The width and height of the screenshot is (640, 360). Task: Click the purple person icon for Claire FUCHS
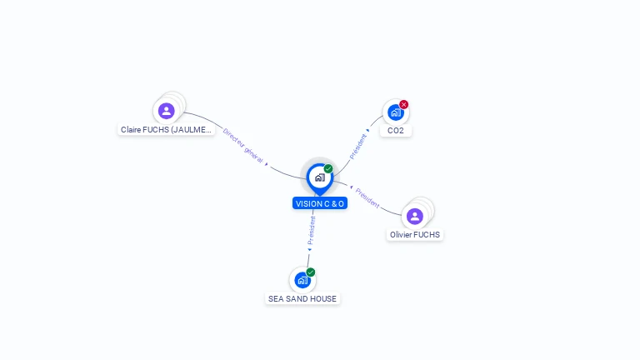tap(167, 110)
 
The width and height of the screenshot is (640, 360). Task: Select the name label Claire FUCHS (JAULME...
tap(166, 130)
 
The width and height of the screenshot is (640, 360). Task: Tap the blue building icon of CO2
tap(395, 112)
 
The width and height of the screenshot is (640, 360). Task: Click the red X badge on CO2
tap(404, 104)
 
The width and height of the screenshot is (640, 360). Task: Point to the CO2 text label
tap(395, 131)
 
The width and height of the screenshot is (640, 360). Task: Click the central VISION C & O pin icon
tap(319, 177)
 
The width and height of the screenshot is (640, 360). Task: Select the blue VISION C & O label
tap(319, 203)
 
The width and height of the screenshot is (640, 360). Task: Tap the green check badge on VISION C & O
tap(328, 168)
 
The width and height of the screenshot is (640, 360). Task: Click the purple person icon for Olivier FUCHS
tap(415, 216)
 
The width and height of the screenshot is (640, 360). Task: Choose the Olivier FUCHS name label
tap(415, 235)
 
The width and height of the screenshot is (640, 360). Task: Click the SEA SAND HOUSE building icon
tap(302, 280)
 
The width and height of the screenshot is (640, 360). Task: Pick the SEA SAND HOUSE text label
tap(302, 298)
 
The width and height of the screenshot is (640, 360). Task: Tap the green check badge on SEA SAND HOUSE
tap(311, 272)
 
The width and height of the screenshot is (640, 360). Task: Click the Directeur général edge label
tap(243, 145)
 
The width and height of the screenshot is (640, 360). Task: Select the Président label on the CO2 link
tap(357, 146)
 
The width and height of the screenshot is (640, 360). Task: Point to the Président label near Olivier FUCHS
tap(367, 197)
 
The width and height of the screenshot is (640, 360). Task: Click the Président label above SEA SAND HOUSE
tap(312, 230)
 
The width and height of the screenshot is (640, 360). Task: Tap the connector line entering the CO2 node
tap(374, 125)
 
